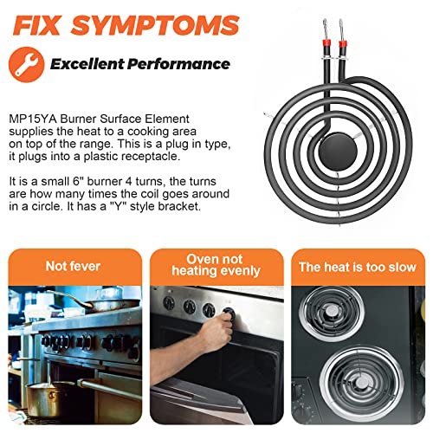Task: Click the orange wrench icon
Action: point(27,64)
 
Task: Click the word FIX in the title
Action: point(36,25)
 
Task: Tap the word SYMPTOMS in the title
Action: point(155,25)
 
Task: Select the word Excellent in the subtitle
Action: point(87,64)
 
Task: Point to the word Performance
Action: point(178,64)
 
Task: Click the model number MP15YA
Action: point(33,119)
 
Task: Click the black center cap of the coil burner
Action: point(338,152)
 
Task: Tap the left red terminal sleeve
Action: point(326,45)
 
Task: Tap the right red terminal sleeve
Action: point(343,45)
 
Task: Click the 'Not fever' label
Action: point(73,266)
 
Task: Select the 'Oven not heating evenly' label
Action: point(216,265)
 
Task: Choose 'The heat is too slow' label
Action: point(358,267)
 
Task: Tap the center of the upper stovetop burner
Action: point(332,311)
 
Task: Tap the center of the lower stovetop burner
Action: point(361,383)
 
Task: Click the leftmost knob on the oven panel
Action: point(169,303)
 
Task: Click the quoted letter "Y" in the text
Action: point(119,206)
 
